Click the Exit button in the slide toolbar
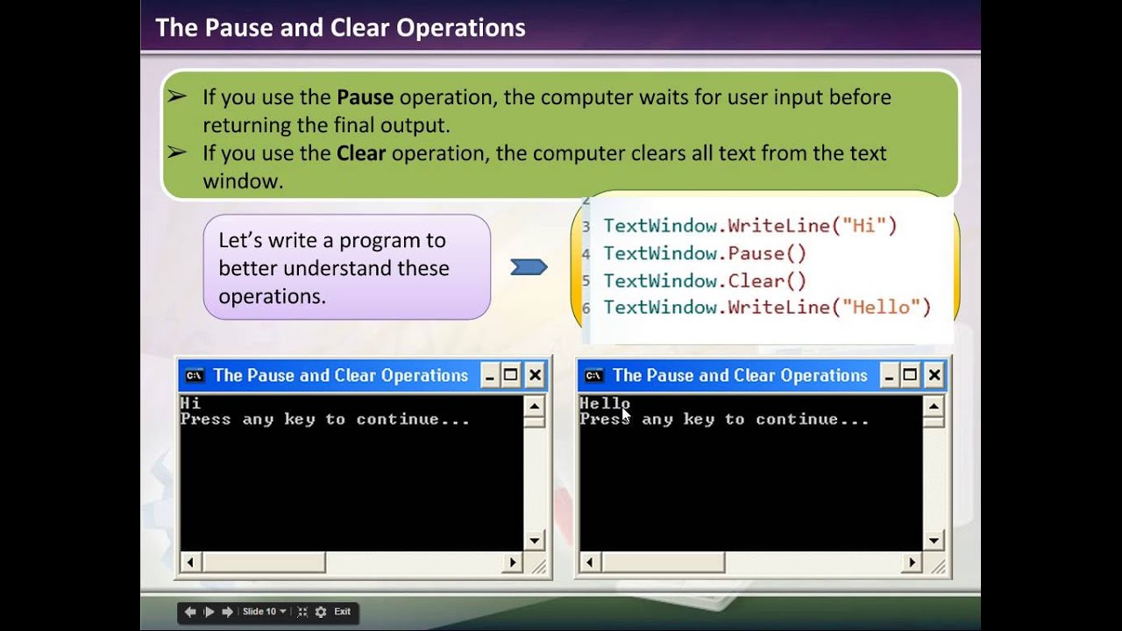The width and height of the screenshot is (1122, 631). click(x=342, y=612)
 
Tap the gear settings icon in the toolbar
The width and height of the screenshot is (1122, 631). click(x=321, y=612)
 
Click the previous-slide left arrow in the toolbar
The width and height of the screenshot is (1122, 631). click(x=190, y=612)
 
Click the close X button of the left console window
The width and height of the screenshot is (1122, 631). click(x=535, y=376)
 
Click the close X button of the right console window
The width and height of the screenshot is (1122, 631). click(x=934, y=376)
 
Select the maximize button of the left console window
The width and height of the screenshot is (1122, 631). click(x=511, y=376)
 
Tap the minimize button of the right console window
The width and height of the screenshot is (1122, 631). click(x=889, y=376)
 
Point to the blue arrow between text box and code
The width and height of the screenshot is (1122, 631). click(x=529, y=267)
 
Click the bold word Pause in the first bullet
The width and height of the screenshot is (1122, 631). click(x=365, y=97)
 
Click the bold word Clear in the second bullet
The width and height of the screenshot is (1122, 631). click(x=361, y=153)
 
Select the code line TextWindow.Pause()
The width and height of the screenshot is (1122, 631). click(x=705, y=254)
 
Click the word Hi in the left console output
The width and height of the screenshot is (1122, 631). click(x=190, y=403)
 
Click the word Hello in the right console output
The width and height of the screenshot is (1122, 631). click(x=604, y=403)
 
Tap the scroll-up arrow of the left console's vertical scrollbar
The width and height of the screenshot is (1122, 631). click(x=534, y=406)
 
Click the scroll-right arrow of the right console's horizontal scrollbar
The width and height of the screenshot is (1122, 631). click(x=912, y=563)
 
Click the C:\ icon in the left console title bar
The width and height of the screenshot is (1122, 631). click(x=195, y=376)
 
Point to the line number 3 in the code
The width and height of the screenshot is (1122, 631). click(x=586, y=227)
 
